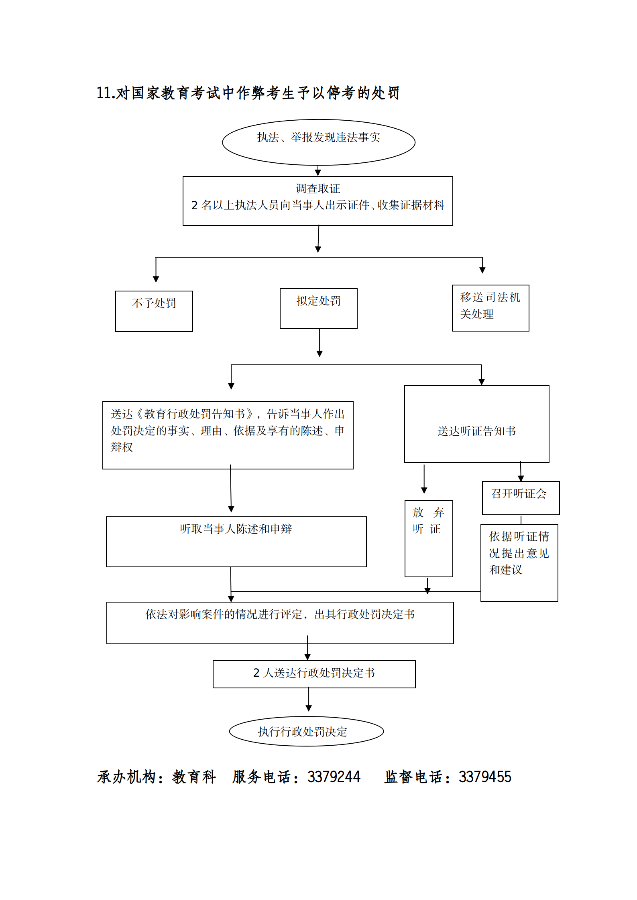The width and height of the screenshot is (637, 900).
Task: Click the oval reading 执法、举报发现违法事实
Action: point(318,142)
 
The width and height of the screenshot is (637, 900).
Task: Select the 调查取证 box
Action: point(317,200)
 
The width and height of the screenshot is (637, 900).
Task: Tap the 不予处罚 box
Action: point(154,311)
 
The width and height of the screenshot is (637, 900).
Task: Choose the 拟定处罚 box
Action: point(318,308)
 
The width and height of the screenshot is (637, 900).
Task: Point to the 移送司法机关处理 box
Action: point(490,307)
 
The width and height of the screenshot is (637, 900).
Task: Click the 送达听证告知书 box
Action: point(476,424)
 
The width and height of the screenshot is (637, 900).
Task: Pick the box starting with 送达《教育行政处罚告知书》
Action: point(228,435)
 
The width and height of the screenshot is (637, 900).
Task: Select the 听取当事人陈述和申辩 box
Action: point(236,541)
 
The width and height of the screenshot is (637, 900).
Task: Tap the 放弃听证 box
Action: point(428,538)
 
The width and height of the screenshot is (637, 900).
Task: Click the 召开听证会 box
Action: point(520,498)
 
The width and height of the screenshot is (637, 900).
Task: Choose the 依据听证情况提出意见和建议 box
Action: point(519,562)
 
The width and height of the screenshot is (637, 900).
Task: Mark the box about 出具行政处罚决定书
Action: point(280,622)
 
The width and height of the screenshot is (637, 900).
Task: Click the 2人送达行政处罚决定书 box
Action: point(314,674)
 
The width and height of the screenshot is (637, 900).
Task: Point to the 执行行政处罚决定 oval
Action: point(306,731)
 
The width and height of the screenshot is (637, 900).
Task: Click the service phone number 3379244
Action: point(334,777)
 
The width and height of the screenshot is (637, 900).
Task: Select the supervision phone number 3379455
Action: point(485,777)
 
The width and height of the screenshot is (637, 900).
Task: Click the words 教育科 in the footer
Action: point(194,777)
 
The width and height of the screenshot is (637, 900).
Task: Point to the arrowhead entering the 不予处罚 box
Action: point(156,279)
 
